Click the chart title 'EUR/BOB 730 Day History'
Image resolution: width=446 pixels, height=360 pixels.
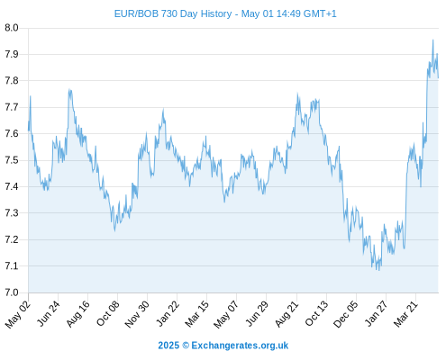(x=173, y=13)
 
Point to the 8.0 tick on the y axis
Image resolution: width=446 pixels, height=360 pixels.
(x=12, y=28)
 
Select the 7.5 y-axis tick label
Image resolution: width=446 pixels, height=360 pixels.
(x=12, y=160)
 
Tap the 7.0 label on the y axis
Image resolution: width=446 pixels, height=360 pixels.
(x=12, y=292)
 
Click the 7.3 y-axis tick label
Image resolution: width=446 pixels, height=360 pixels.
(x=12, y=213)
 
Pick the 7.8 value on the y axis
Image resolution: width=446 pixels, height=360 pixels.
(x=12, y=81)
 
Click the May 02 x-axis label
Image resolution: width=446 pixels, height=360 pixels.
(x=18, y=314)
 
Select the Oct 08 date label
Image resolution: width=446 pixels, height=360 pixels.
(x=107, y=313)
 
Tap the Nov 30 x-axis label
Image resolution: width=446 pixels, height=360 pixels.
(x=137, y=314)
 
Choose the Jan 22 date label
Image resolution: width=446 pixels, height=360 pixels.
(x=168, y=313)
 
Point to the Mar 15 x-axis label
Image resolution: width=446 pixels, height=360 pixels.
(x=196, y=314)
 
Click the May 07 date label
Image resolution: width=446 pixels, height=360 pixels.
(x=225, y=314)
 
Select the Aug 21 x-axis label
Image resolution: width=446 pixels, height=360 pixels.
(x=287, y=314)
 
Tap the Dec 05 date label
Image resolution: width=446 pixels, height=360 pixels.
(x=345, y=314)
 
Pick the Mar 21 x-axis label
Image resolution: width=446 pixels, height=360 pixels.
(x=405, y=314)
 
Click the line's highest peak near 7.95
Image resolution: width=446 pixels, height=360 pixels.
(x=432, y=40)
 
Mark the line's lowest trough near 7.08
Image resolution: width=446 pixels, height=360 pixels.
(x=379, y=270)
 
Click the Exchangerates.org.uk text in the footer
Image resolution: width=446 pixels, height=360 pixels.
(x=240, y=346)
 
